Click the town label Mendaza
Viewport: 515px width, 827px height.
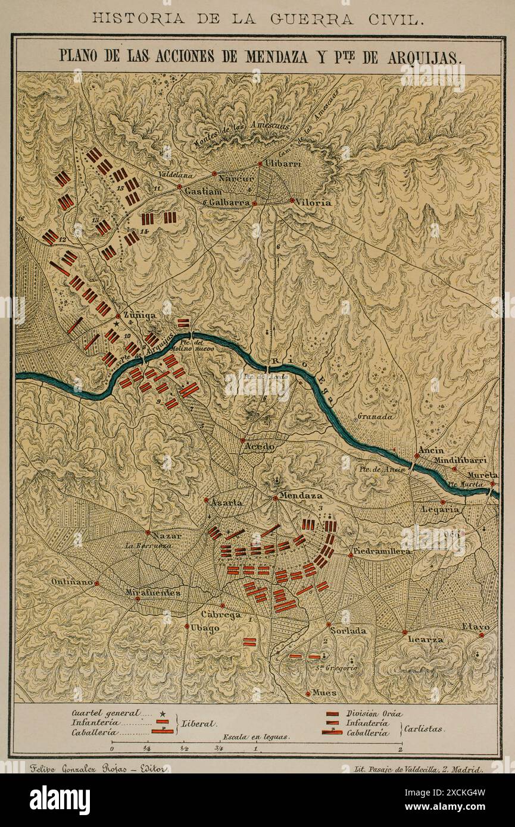point(301,495)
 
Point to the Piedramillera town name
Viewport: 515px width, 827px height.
point(382,552)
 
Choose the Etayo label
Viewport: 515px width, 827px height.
point(476,627)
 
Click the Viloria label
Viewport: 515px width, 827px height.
point(314,202)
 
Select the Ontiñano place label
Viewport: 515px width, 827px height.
point(71,582)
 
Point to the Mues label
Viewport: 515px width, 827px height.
point(324,693)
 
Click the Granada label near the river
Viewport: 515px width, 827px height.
point(376,417)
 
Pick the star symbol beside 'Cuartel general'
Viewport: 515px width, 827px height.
point(163,713)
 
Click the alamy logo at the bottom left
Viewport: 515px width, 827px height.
point(60,800)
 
